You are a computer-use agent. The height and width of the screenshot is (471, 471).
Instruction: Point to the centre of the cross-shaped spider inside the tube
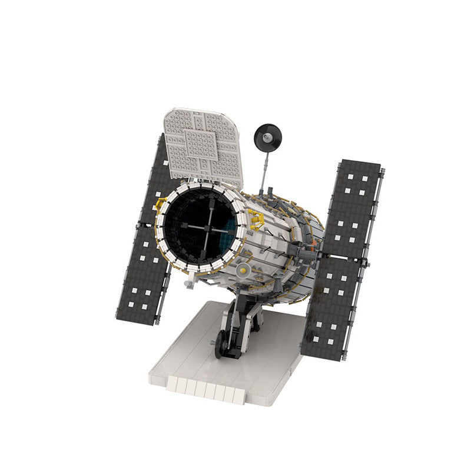tap(208, 227)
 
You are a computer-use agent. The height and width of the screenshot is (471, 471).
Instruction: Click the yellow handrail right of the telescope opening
tap(256, 222)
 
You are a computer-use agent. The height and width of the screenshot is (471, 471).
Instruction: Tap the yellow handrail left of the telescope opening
tap(159, 204)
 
